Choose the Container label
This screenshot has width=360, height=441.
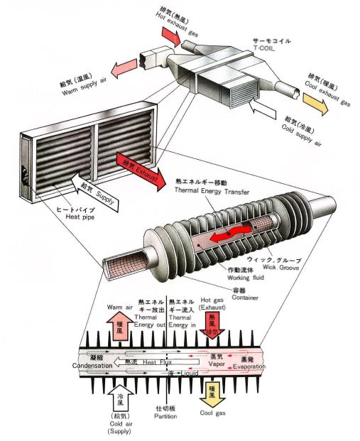(245, 295)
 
